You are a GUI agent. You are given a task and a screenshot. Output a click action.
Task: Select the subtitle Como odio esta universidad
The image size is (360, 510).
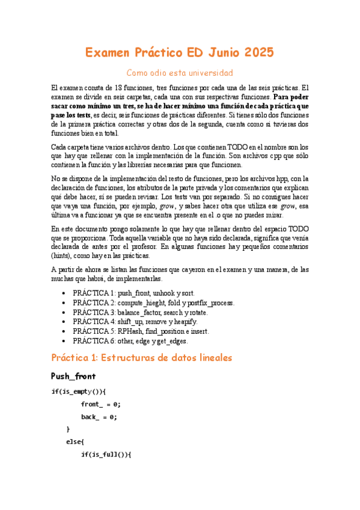pos(180,73)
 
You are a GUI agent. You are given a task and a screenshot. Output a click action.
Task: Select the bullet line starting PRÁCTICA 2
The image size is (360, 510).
pos(153,303)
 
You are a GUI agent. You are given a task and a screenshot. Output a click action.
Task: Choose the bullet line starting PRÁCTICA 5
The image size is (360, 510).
pos(147,331)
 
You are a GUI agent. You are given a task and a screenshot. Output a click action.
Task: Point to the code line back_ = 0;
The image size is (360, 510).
pos(99,417)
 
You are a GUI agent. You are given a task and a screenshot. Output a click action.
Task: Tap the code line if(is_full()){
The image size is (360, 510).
pos(105,455)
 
